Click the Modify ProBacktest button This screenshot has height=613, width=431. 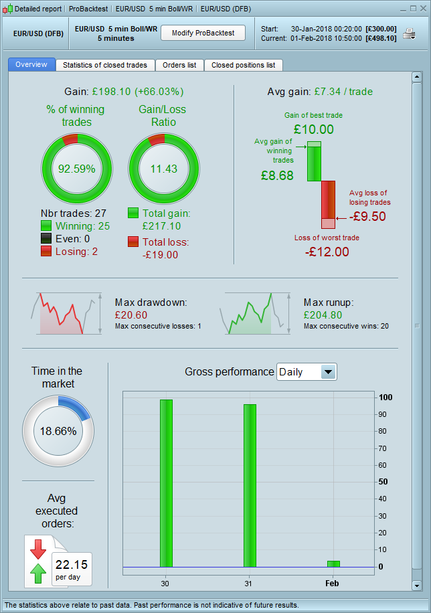coord(203,33)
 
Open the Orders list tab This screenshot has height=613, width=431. coord(179,65)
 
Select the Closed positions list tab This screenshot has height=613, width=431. coord(243,65)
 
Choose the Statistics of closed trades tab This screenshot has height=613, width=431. coord(106,65)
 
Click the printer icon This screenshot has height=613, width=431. coord(410,33)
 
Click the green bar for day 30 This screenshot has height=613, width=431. coord(166,483)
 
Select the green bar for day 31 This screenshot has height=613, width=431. coord(250,485)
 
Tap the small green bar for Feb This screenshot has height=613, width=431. coord(333,563)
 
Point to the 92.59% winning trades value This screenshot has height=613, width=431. coord(77,169)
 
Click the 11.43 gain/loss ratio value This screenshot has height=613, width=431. coord(164,169)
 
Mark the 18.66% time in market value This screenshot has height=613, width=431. coord(58,431)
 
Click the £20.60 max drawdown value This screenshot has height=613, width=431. coord(131,315)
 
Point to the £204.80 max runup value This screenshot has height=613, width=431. coord(323,315)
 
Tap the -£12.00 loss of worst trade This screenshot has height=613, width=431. coord(327,252)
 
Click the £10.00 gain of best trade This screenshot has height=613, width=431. coord(313,129)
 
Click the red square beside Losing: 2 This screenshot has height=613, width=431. coord(46,251)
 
